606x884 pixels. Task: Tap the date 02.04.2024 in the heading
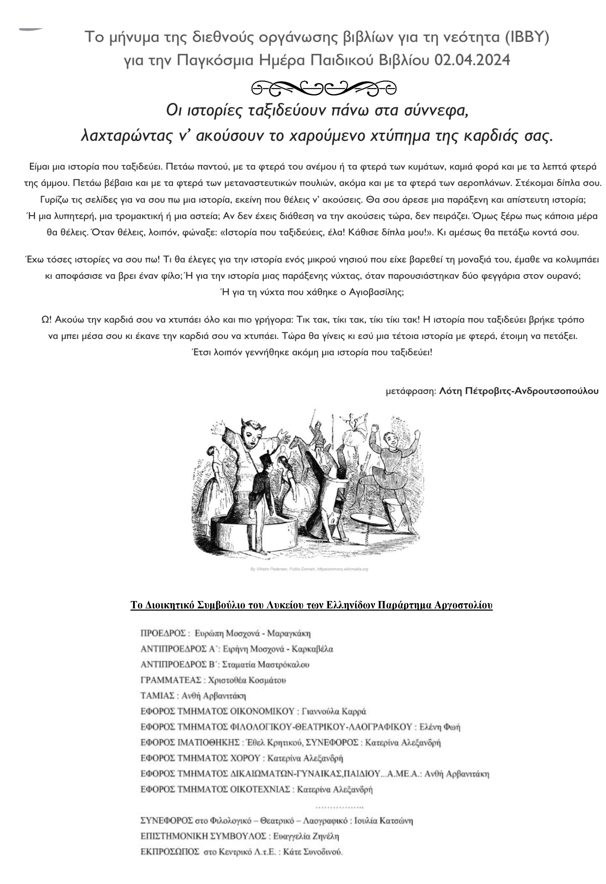coord(472,60)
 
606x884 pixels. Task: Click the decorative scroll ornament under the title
coord(324,89)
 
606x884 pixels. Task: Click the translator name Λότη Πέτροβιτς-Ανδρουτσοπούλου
coord(518,391)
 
